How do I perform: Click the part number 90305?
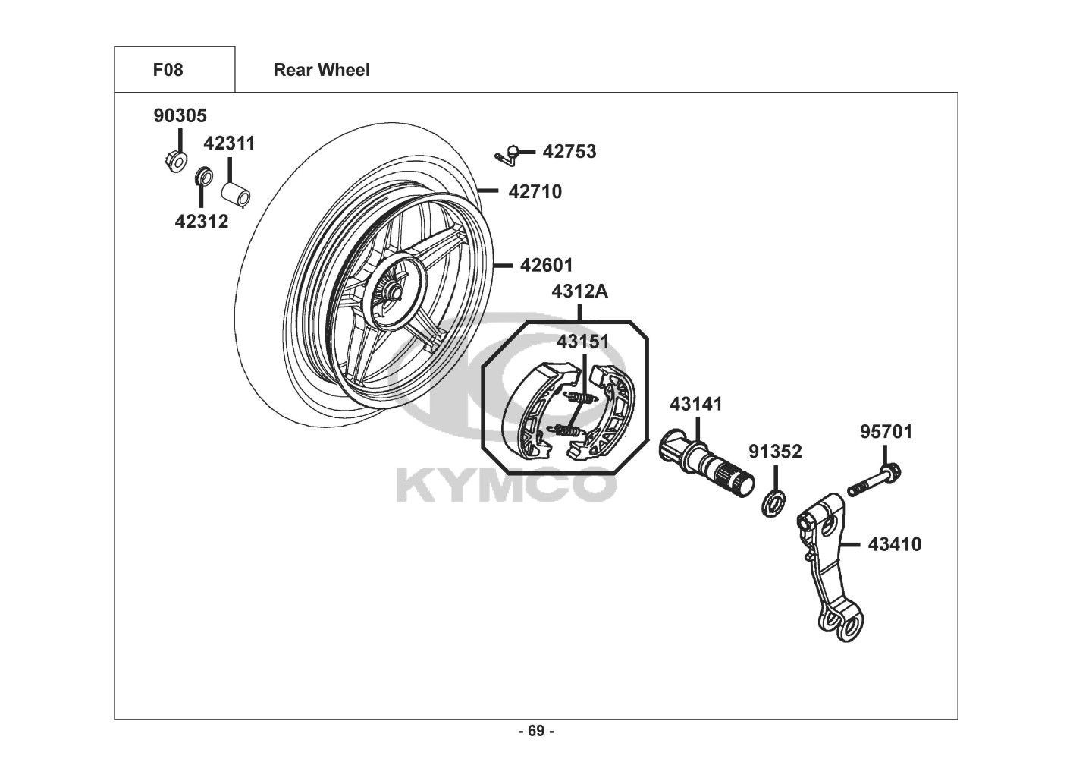180,115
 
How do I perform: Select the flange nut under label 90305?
175,161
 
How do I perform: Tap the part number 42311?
230,143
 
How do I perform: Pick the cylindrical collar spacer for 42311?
236,194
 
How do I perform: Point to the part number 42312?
202,222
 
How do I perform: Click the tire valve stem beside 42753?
507,155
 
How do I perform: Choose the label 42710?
535,192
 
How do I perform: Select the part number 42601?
547,265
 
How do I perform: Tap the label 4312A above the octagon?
579,291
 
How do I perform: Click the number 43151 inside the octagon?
583,342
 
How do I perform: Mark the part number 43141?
695,405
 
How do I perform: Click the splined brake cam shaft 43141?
706,463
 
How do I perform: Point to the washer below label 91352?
773,503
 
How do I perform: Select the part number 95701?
886,432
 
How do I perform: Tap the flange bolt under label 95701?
874,480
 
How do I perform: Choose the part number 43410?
895,545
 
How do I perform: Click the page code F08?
168,70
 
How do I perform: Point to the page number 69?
536,731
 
